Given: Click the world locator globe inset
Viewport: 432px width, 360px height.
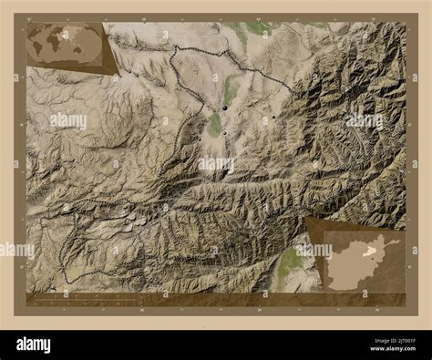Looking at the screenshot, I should [66, 45].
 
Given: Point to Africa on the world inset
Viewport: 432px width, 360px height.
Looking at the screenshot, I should [66, 46].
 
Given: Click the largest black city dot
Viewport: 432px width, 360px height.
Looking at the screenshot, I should [223, 108].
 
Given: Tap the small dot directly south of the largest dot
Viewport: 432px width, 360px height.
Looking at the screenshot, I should [224, 133].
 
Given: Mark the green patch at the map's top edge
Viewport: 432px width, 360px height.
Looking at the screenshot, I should [259, 28].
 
